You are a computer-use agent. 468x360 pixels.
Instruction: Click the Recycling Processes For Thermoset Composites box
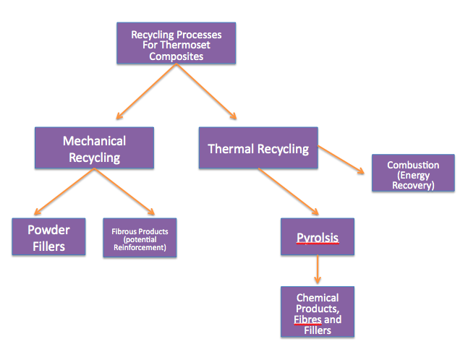[x=176, y=44]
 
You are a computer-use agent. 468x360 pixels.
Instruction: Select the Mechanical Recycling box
[x=94, y=148]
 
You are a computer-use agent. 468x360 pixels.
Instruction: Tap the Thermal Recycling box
[x=258, y=149]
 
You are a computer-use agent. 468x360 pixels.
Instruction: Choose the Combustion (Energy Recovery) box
[x=412, y=173]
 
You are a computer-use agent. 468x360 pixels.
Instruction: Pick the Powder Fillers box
[x=49, y=238]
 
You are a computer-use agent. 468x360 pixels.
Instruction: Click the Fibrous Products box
[x=140, y=238]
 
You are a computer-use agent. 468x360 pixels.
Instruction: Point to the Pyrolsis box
[x=318, y=237]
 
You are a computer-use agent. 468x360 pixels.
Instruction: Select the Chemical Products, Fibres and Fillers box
[x=318, y=312]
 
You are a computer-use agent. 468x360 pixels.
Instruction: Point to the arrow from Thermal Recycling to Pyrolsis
[x=286, y=192]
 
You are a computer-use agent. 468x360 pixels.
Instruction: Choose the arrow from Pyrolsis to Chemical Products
[x=318, y=270]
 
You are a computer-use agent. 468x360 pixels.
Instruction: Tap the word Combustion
[x=412, y=166]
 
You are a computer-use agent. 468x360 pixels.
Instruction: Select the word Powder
[x=49, y=230]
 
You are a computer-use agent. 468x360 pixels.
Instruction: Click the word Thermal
[x=230, y=149]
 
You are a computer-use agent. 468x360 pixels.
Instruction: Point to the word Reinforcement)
[x=140, y=247]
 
